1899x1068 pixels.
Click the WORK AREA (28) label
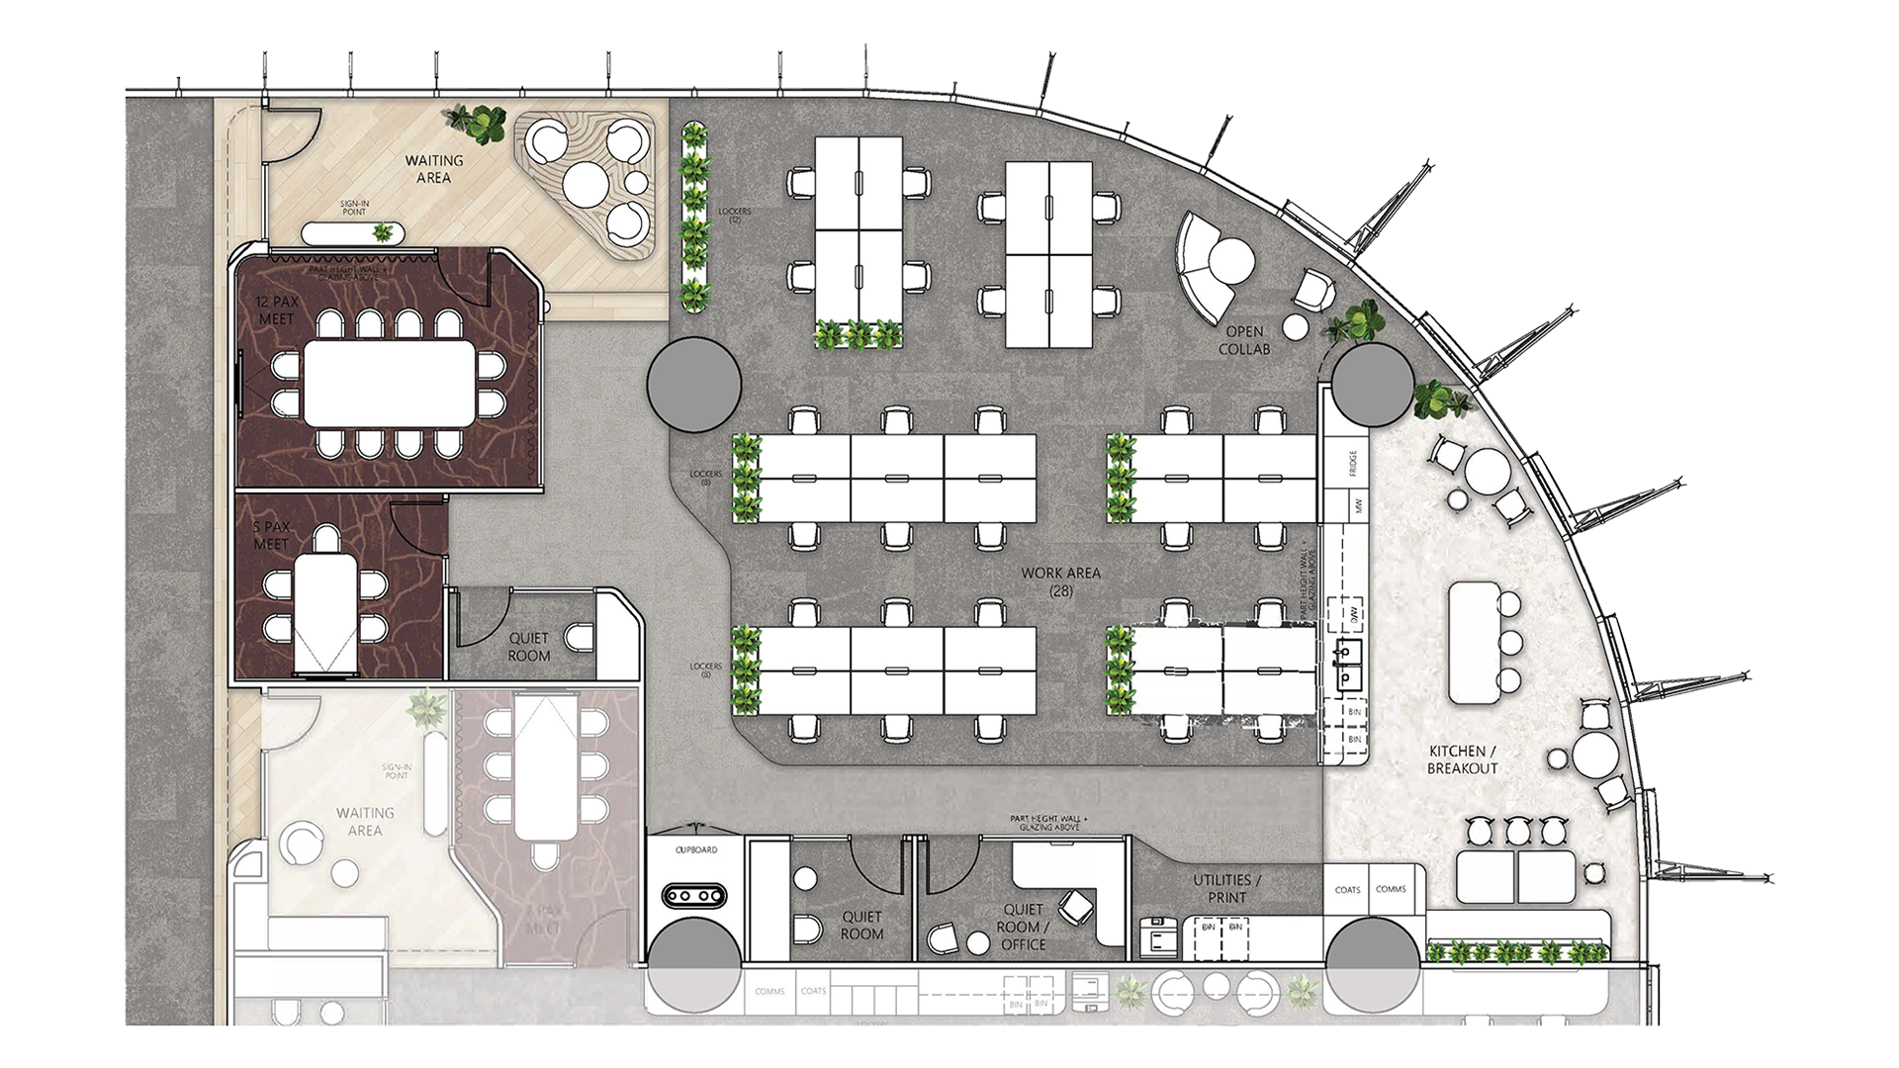[x=1060, y=581]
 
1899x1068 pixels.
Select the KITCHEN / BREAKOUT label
[x=1462, y=759]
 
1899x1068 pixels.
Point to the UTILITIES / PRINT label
[x=1226, y=888]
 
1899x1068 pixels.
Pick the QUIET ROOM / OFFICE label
[x=1023, y=927]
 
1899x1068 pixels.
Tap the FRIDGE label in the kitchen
[x=1353, y=464]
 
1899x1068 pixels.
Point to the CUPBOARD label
[x=695, y=849]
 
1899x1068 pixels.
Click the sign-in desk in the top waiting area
[x=351, y=233]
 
